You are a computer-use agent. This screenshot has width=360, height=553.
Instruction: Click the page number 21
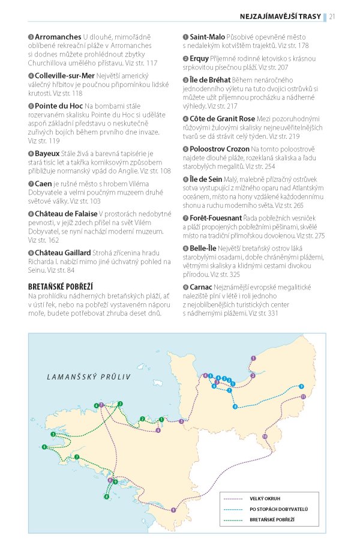coord(332,16)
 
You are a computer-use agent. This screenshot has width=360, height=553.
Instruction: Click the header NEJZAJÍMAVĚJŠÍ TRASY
coord(281,16)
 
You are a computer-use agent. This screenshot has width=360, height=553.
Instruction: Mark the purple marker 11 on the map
coord(304,397)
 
